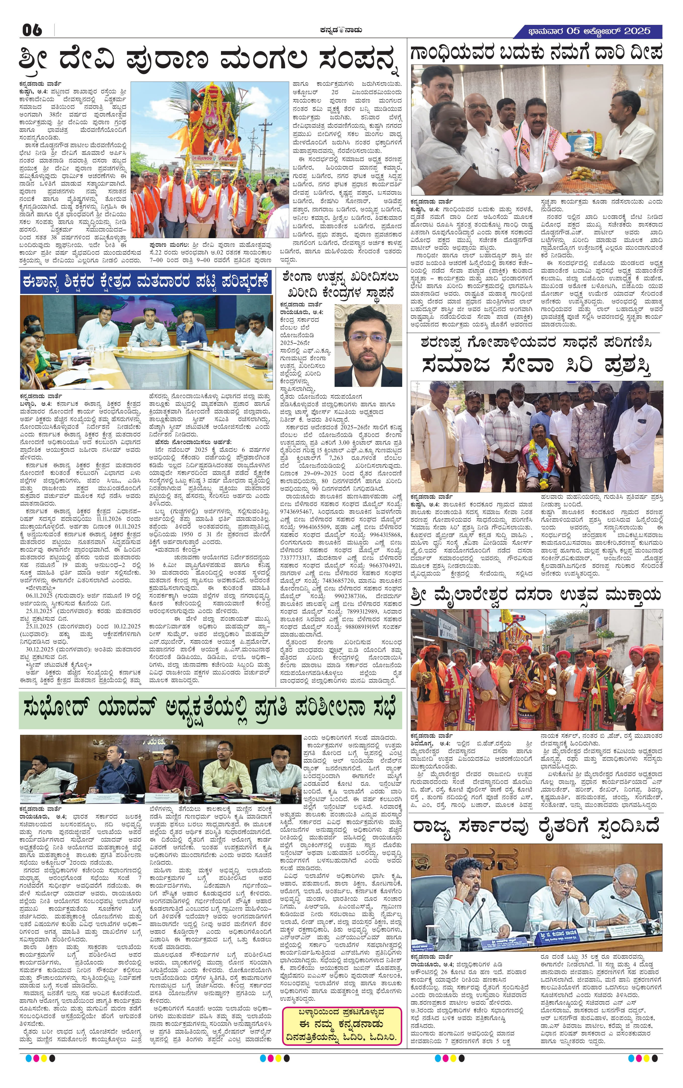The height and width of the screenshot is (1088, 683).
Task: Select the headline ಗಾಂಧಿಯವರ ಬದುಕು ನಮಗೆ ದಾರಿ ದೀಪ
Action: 536,52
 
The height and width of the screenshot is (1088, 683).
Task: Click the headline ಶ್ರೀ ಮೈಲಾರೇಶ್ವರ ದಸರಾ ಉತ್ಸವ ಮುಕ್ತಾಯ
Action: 536,595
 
